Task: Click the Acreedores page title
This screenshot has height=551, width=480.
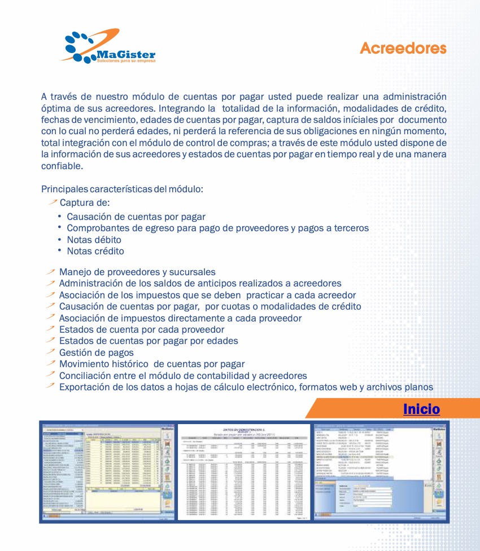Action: [x=403, y=49]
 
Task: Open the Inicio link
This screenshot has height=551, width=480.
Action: [x=421, y=409]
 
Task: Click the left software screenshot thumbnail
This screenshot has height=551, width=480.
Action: [x=107, y=471]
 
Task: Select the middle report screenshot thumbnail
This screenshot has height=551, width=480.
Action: [x=244, y=471]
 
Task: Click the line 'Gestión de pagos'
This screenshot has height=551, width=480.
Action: [x=97, y=352]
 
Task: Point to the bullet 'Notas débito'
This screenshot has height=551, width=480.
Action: [x=94, y=240]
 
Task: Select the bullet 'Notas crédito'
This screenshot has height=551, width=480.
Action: [x=95, y=251]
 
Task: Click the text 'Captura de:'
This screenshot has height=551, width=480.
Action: [x=85, y=203]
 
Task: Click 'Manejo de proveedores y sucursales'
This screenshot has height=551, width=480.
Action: [x=137, y=272]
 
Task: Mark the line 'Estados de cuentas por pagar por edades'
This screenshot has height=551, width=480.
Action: [x=149, y=341]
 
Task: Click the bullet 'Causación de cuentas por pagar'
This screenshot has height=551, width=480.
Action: [x=136, y=217]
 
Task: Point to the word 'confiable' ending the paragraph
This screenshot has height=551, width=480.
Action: [x=62, y=166]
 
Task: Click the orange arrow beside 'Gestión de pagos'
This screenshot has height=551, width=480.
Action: [x=51, y=352]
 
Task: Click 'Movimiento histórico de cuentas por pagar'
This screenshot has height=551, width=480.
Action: [x=152, y=364]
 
